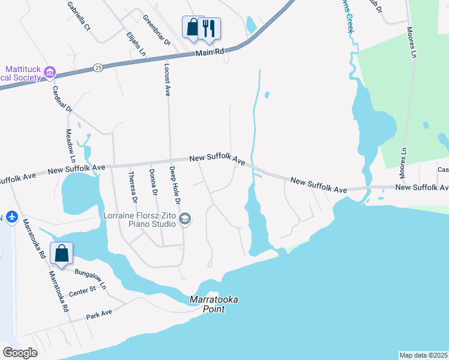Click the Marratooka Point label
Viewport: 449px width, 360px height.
coord(206,304)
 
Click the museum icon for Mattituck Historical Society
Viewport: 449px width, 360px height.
coord(49,73)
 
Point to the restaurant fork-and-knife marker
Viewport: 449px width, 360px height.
coord(209,28)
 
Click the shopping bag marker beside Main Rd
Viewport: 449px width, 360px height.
coord(192,27)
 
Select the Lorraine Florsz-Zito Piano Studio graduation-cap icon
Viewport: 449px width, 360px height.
coord(185,219)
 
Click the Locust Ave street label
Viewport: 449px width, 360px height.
coord(167,79)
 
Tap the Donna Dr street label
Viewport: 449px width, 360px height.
coord(152,182)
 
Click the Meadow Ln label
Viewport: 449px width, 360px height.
coord(71,146)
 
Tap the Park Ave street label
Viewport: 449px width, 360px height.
coord(99,314)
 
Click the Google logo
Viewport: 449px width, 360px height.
coord(20,352)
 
